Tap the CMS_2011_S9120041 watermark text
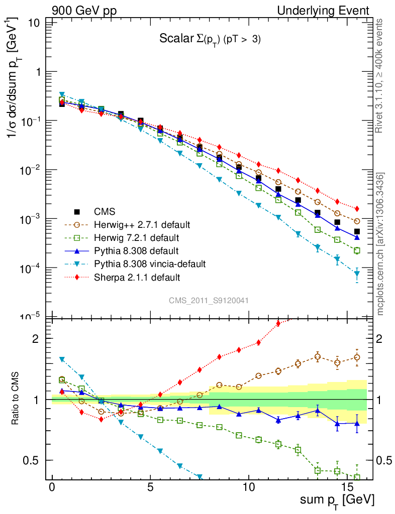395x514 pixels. pyautogui.click(x=209, y=300)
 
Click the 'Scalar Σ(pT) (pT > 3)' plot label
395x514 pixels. pyautogui.click(x=210, y=40)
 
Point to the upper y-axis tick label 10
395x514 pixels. pyautogui.click(x=34, y=23)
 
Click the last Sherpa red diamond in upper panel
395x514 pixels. pyautogui.click(x=357, y=208)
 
